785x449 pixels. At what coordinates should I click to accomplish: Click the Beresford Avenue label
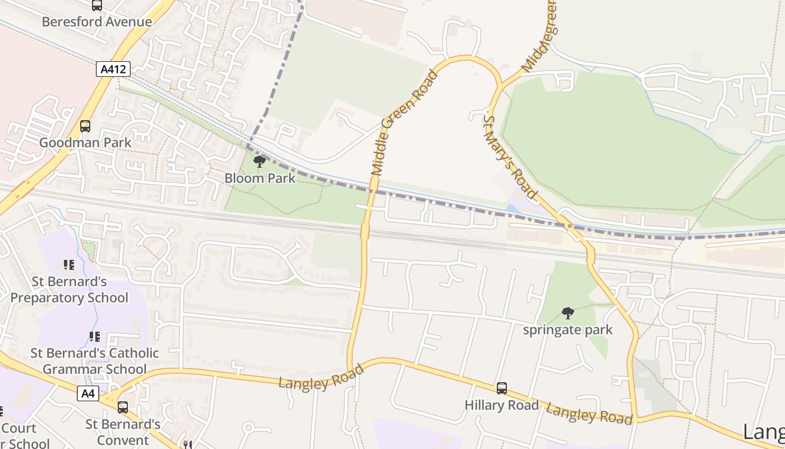click(96, 22)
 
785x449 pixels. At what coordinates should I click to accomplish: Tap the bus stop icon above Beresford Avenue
click(97, 5)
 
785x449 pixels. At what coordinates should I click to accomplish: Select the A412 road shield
click(113, 69)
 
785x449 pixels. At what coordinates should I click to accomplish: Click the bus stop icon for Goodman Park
click(85, 126)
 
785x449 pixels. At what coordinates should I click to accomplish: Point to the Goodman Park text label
click(85, 143)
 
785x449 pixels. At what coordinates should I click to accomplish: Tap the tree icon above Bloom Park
click(259, 162)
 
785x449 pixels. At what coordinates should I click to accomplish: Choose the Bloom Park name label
click(260, 178)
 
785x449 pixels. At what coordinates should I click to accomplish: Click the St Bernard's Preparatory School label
click(69, 290)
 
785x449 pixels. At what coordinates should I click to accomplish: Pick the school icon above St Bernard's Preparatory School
click(69, 265)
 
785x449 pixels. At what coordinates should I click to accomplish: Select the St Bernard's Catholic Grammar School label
click(95, 361)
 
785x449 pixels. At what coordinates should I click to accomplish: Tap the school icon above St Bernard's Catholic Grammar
click(95, 337)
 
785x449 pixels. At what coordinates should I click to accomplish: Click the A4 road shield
click(88, 393)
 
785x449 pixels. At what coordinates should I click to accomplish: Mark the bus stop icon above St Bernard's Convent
click(123, 407)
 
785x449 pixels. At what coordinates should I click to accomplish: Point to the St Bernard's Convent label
click(123, 432)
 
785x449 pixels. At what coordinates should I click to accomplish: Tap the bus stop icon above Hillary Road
click(502, 388)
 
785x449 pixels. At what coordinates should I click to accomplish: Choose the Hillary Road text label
click(502, 405)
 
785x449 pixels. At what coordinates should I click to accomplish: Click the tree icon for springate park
click(568, 313)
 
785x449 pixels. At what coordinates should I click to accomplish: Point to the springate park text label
click(568, 329)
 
